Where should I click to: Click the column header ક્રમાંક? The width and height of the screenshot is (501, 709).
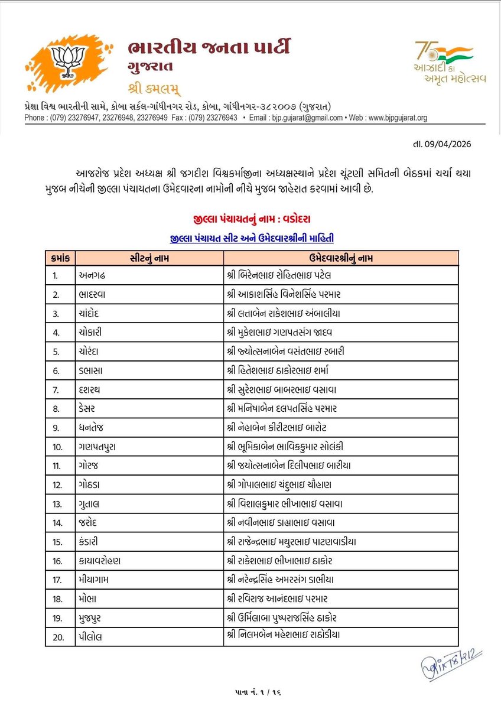pyautogui.click(x=60, y=258)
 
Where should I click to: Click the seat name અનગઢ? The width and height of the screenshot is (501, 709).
pyautogui.click(x=91, y=275)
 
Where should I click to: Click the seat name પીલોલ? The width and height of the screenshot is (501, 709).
pyautogui.click(x=91, y=636)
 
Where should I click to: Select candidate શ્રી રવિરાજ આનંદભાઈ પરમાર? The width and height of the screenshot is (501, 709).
pyautogui.click(x=284, y=599)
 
